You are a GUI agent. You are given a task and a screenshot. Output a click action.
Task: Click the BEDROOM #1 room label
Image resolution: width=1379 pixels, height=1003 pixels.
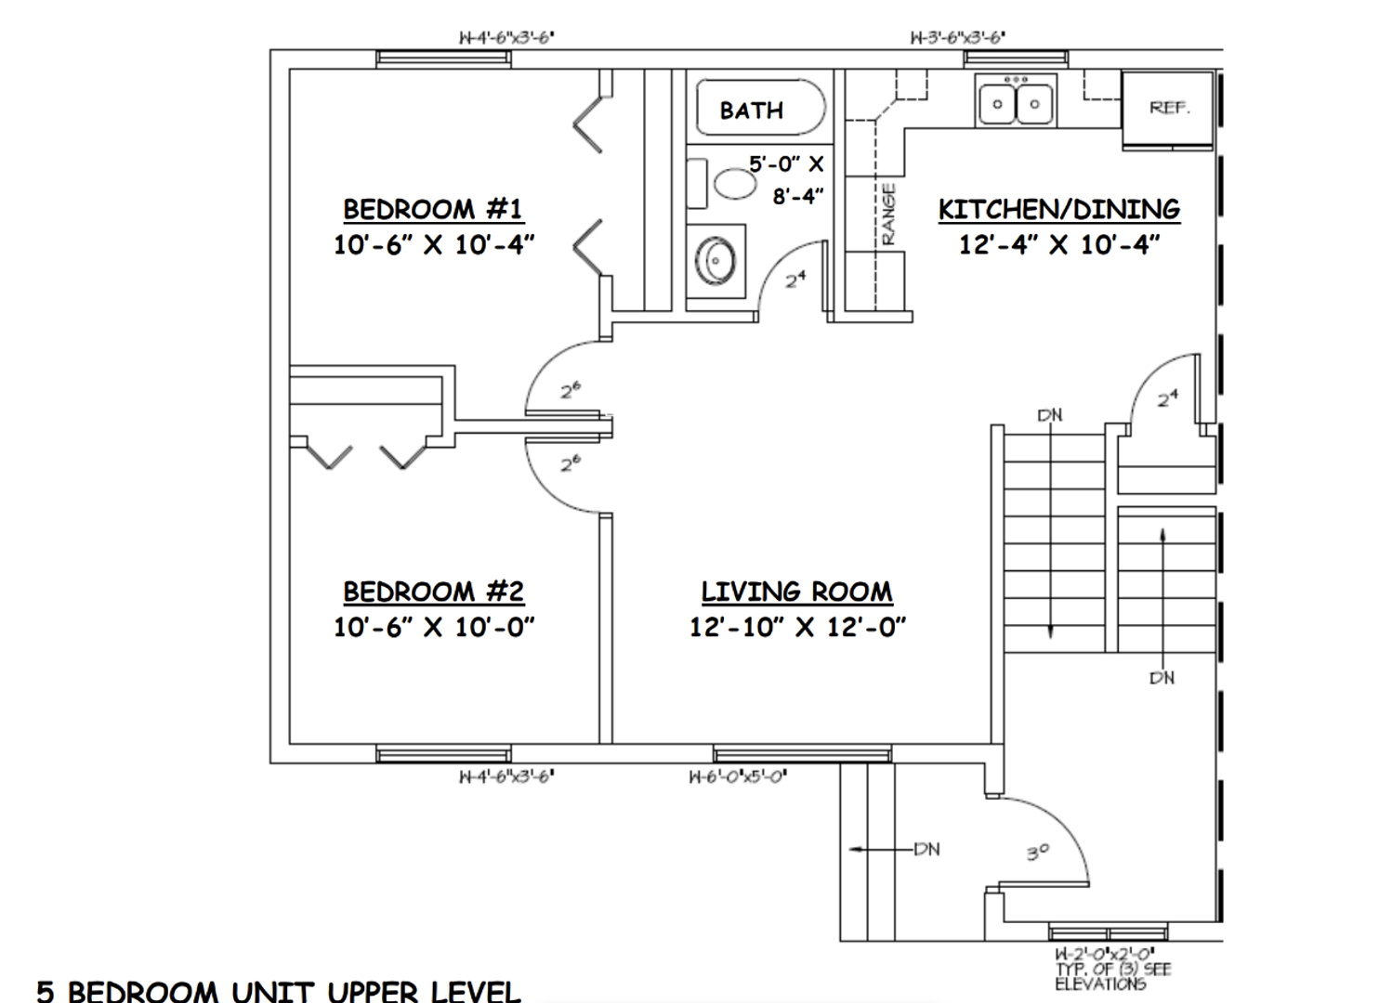[433, 209]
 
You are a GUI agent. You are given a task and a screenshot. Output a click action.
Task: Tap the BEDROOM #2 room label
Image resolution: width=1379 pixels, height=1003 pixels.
[433, 592]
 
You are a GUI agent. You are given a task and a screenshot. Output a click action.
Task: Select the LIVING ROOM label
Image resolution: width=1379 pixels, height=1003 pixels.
[796, 592]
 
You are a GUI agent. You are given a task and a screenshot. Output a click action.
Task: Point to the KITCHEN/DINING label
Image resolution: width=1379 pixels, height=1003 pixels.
[1058, 209]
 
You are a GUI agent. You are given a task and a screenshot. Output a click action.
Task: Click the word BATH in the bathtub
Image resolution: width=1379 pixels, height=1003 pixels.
[752, 111]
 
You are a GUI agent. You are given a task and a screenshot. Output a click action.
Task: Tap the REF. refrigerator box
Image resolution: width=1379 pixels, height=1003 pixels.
[1168, 108]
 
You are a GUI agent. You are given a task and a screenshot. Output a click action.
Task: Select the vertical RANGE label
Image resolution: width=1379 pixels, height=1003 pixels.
[888, 214]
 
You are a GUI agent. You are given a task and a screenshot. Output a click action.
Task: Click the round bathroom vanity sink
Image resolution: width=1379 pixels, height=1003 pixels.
[716, 261]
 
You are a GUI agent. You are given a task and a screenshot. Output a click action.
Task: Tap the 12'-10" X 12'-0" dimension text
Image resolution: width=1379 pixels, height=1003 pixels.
[796, 627]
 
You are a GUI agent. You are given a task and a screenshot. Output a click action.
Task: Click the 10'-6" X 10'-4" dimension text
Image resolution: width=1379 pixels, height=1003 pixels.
[433, 244]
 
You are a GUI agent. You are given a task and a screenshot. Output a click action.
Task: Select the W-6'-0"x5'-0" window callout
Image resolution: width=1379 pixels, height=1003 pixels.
[738, 777]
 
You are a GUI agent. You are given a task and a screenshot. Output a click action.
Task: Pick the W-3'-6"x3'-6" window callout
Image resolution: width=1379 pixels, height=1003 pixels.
[956, 38]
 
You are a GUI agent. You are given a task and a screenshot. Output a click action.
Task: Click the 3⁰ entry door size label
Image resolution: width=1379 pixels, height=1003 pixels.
[1038, 851]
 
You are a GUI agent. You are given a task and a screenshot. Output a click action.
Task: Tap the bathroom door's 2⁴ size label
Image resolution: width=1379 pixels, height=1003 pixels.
[795, 279]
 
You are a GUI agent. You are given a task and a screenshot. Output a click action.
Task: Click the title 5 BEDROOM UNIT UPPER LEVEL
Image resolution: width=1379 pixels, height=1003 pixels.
[279, 990]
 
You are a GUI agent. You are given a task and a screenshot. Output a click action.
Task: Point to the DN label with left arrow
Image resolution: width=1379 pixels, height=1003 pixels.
[926, 849]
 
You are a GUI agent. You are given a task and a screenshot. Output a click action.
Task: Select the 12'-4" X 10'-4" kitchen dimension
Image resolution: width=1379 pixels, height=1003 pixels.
[1058, 244]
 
